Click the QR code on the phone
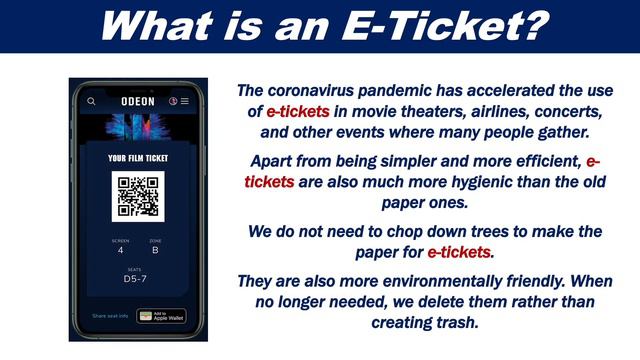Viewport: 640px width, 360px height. point(137,197)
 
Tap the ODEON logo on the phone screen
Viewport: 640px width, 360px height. point(137,100)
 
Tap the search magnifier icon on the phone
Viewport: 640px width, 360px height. point(92,101)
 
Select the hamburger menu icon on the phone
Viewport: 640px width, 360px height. point(185,101)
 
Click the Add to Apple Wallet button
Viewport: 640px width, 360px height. point(160,316)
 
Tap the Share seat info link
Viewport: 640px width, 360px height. point(111,316)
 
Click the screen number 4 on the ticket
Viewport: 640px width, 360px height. point(120,251)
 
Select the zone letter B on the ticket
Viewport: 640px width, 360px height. point(155,251)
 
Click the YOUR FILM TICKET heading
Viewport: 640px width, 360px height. point(137,158)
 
